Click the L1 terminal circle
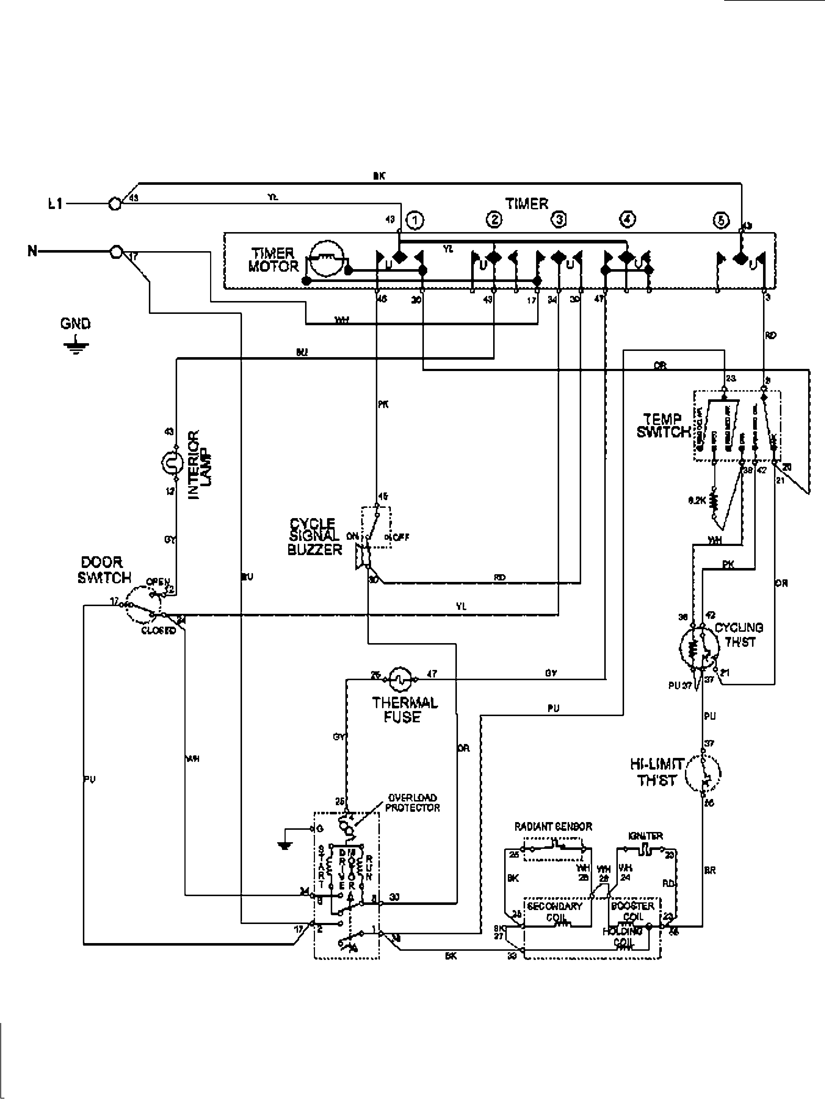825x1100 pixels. (115, 204)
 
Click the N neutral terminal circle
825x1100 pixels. (116, 252)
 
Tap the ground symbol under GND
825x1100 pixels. (76, 346)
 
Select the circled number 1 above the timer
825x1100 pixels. (415, 219)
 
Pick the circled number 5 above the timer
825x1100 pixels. (721, 219)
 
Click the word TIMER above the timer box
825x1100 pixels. (527, 203)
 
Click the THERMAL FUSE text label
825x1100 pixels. (404, 710)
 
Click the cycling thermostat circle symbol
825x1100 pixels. (699, 649)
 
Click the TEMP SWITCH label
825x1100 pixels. (663, 426)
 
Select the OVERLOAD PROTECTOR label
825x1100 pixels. (412, 803)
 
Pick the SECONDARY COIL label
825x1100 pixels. (554, 911)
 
